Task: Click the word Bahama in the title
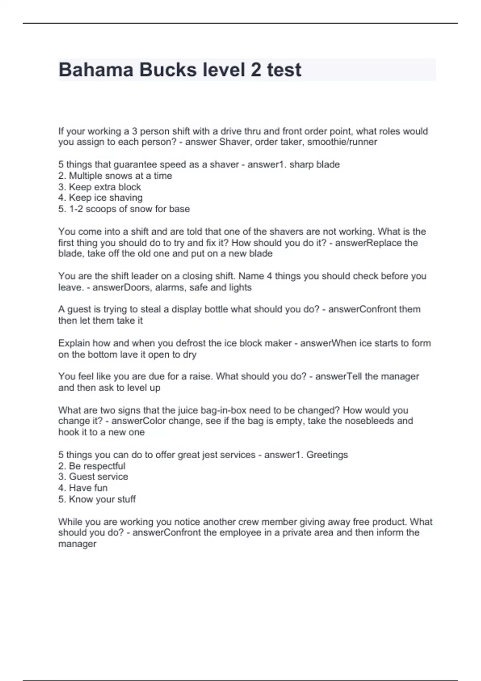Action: pos(96,70)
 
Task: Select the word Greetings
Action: pos(327,455)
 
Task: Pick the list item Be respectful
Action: pos(97,466)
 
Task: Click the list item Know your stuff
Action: pos(102,499)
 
